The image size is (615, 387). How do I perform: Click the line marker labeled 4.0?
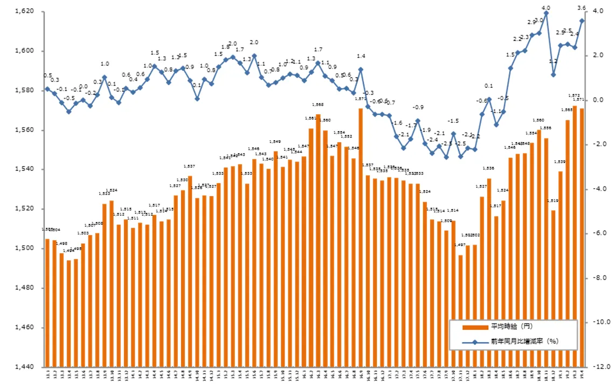546,13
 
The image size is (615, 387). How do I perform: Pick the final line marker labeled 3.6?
582,20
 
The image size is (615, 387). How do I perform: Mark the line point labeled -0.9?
418,121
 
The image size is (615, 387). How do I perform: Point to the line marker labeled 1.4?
361,69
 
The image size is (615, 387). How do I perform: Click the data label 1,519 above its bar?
553,201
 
